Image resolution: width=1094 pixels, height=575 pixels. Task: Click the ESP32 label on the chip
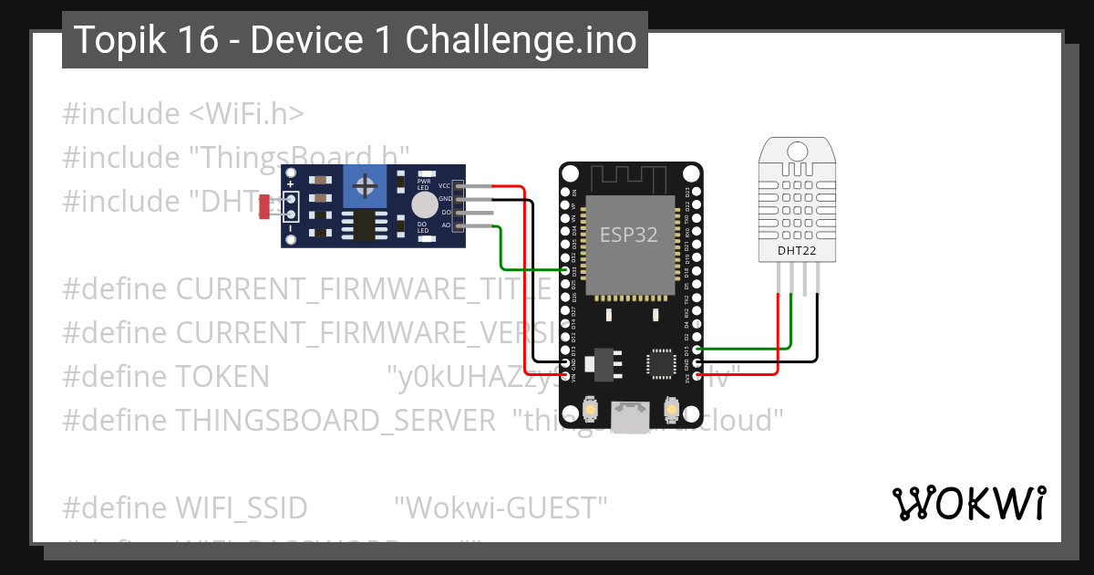tap(628, 235)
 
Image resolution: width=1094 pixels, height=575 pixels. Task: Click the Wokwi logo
tap(968, 503)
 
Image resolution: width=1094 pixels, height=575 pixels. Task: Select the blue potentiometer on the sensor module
tap(365, 187)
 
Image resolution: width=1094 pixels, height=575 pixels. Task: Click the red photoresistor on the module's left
tap(263, 207)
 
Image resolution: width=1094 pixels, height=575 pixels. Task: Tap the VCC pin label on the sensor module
tap(445, 185)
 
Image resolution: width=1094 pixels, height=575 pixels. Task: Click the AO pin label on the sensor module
tap(446, 225)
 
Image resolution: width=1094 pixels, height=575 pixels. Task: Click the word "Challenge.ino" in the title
tap(521, 40)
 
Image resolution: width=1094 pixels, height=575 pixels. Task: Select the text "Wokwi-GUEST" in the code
tap(501, 507)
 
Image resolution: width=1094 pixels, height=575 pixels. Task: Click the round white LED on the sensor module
tap(424, 204)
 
